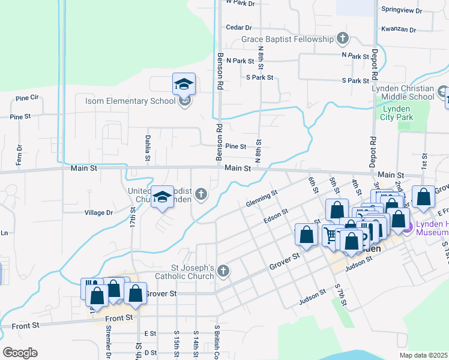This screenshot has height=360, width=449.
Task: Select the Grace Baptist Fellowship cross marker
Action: point(343,40)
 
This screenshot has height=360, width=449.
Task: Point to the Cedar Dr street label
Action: point(238,28)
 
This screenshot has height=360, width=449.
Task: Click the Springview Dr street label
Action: point(402,11)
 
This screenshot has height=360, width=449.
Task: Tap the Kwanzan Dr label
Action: point(399,29)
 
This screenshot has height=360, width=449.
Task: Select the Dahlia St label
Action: point(147,148)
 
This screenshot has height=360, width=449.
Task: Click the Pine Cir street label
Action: point(28,97)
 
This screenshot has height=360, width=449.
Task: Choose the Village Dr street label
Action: point(99,212)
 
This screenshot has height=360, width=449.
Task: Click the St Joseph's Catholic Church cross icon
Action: point(223,272)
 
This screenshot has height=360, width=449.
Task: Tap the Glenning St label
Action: point(262,199)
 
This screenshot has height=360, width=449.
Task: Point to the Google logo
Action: point(20,352)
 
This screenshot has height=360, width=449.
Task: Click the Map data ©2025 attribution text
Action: point(427,355)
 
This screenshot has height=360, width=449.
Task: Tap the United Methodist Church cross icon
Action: point(201,194)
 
